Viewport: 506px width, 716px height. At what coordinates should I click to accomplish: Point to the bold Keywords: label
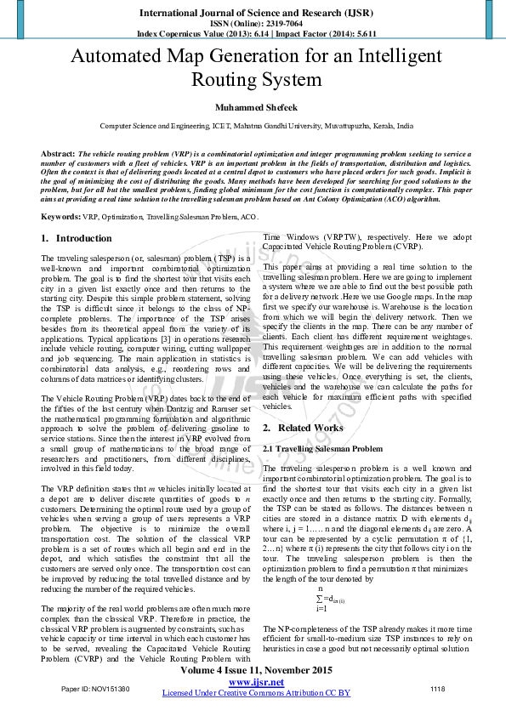[x=61, y=218]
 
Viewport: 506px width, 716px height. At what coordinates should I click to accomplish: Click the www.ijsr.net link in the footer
[x=256, y=682]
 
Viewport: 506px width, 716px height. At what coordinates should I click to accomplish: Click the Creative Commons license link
[x=256, y=693]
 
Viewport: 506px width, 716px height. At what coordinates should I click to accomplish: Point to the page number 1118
[x=437, y=688]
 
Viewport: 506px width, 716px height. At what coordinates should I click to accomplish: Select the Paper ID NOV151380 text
[x=96, y=688]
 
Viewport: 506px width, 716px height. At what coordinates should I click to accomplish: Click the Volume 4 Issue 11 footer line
[x=256, y=670]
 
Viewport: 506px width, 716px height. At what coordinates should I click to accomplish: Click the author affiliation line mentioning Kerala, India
[x=256, y=126]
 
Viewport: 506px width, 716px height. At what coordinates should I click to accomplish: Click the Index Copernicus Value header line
[x=256, y=33]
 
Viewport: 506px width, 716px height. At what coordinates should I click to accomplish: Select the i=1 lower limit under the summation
[x=321, y=608]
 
